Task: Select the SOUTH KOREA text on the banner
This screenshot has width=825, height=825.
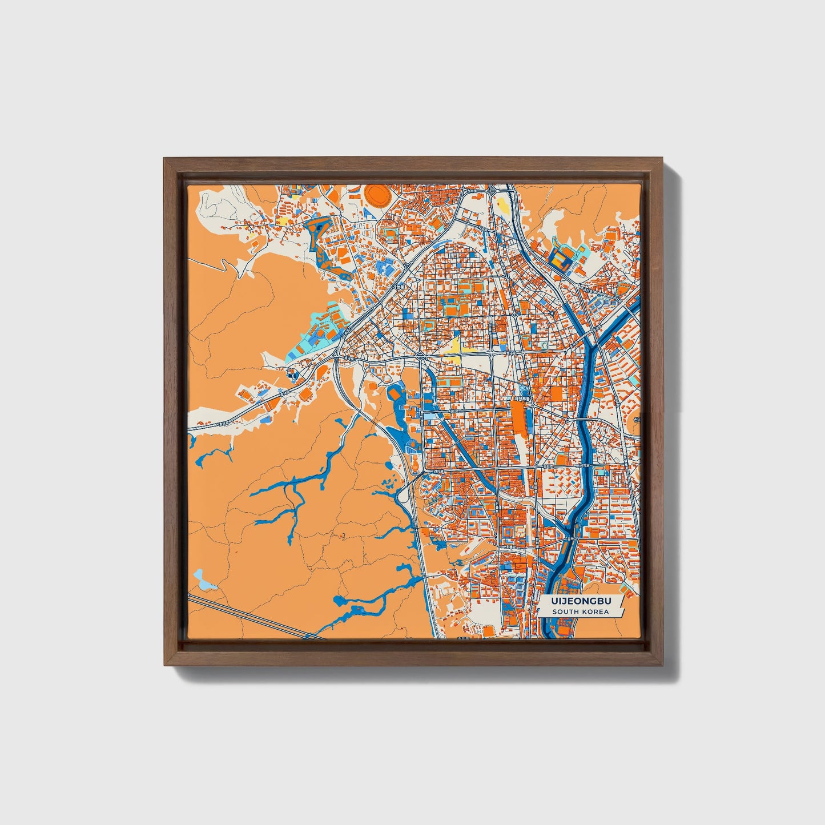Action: pos(580,612)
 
